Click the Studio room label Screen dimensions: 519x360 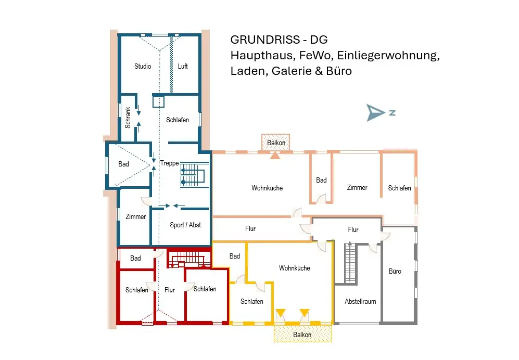[x=143, y=66]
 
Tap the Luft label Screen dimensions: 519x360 [x=183, y=66]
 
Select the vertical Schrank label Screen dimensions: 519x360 [x=128, y=118]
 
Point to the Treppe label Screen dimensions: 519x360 [x=170, y=163]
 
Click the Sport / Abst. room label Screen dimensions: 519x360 [x=186, y=225]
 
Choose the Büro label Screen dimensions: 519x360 [x=395, y=272]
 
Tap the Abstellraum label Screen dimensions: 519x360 [x=360, y=301]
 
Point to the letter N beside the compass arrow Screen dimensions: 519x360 [x=392, y=113]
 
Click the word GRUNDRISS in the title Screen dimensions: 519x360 [x=260, y=40]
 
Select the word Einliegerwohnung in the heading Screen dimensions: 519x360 [x=388, y=56]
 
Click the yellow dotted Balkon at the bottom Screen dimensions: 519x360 [x=302, y=333]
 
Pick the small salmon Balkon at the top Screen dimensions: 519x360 [x=276, y=143]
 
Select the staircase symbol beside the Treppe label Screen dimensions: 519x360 [x=195, y=175]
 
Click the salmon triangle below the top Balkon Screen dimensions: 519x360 [x=275, y=155]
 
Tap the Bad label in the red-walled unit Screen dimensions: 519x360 [x=135, y=258]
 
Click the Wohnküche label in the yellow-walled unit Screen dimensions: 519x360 [x=294, y=268]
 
